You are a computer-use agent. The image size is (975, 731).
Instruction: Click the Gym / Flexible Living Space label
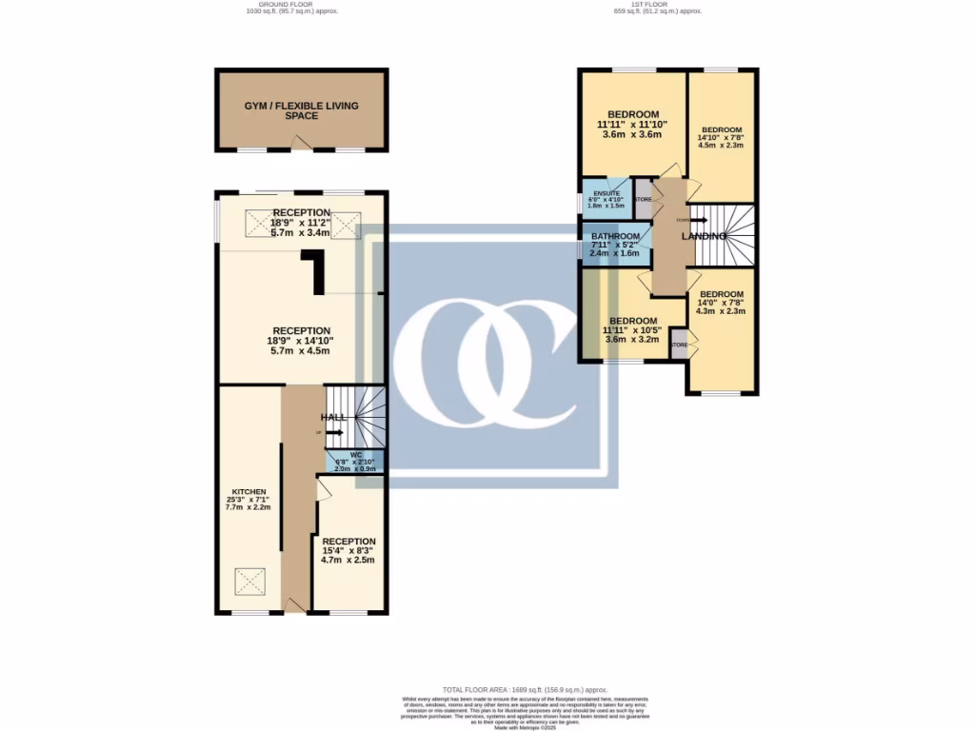click(301, 110)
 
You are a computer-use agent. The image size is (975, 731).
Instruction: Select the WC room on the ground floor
click(355, 462)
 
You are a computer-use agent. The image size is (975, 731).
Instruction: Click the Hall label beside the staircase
click(334, 418)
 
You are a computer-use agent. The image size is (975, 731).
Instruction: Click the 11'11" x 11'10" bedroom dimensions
click(633, 124)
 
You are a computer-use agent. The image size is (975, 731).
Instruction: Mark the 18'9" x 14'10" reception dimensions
click(301, 341)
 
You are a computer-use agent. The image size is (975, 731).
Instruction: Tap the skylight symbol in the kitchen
click(250, 580)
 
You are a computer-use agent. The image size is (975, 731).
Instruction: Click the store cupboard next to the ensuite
click(644, 199)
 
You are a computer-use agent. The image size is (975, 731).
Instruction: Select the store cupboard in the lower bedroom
click(679, 345)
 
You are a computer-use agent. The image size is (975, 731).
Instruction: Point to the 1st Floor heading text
click(657, 6)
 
